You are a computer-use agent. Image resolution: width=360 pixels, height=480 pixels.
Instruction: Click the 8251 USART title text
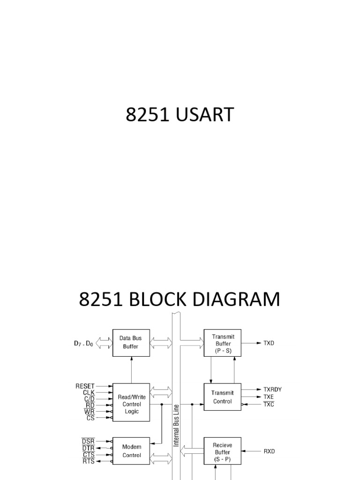[180, 115]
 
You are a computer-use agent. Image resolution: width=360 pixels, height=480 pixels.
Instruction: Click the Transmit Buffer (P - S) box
[220, 343]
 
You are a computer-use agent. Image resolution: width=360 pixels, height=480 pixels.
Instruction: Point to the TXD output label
[269, 343]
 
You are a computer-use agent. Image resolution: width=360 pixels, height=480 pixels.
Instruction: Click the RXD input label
[269, 451]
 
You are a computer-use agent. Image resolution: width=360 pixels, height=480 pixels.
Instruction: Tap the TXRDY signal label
[272, 390]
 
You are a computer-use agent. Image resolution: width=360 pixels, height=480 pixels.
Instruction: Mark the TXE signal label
[268, 397]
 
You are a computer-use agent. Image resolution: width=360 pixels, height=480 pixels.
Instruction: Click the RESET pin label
[84, 387]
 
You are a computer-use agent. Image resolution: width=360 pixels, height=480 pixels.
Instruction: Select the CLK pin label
[89, 393]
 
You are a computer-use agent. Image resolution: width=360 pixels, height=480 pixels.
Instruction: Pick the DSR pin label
[88, 441]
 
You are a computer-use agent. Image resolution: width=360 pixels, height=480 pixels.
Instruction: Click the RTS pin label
[88, 462]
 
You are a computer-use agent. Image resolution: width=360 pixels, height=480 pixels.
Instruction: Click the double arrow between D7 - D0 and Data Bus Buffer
[104, 343]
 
